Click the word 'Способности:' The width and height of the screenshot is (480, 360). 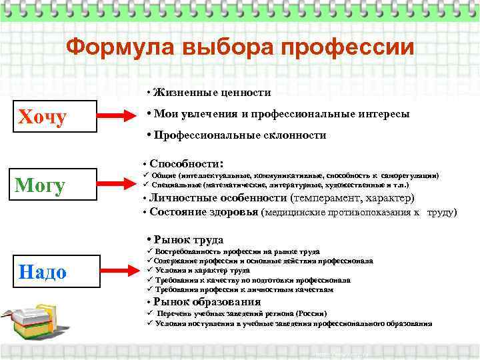(x=186, y=163)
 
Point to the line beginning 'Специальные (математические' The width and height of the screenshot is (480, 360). (x=280, y=185)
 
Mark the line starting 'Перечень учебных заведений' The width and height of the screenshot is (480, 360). (x=241, y=313)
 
